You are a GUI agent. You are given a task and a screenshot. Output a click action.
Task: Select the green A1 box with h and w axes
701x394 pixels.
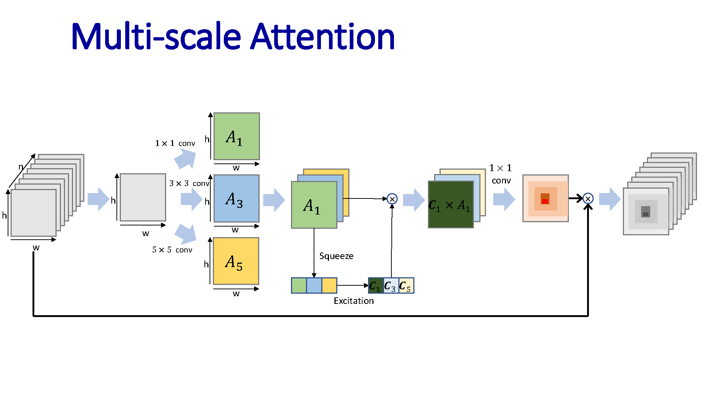point(237,136)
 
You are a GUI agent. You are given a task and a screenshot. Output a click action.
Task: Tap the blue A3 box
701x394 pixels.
point(236,198)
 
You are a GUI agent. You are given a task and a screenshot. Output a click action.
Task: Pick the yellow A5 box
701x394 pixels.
point(236,261)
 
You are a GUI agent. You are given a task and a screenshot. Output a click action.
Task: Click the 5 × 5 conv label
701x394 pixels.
point(172,250)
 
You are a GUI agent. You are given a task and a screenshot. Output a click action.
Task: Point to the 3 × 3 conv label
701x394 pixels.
point(189,183)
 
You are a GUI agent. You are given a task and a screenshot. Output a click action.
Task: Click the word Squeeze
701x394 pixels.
point(336,256)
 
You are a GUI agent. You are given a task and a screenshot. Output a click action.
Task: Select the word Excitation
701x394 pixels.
point(353,301)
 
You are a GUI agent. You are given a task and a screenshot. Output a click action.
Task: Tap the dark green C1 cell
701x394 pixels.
point(376,286)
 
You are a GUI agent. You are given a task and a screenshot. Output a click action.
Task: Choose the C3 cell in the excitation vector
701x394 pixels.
point(391,286)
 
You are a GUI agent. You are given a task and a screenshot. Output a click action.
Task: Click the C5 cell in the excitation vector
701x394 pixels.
point(406,286)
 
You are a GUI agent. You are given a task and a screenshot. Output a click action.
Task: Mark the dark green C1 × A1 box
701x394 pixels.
point(451,205)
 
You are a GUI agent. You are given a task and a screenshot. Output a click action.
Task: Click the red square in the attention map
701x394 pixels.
point(545,201)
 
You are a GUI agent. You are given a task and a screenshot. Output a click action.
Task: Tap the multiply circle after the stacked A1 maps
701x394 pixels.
point(392,199)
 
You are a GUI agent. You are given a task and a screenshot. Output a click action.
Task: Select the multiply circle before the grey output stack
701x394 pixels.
point(588,198)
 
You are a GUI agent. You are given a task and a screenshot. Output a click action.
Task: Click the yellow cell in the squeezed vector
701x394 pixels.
point(329,285)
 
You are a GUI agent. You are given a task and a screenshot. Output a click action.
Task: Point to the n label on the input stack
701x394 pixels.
point(21,167)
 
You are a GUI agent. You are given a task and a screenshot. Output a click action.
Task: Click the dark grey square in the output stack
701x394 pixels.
point(646,214)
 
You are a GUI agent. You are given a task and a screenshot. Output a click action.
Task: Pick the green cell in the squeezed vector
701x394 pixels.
point(299,285)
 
